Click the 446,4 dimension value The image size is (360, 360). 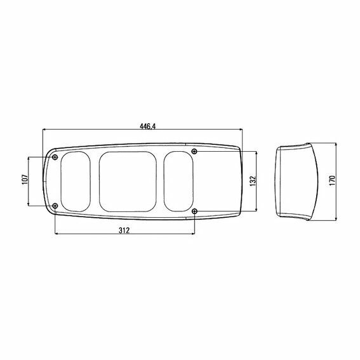(x=148, y=126)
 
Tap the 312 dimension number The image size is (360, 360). (x=124, y=230)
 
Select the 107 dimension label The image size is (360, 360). (x=25, y=179)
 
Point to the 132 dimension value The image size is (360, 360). (x=253, y=181)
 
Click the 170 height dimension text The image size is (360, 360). (x=332, y=180)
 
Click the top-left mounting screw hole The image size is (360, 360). (x=55, y=157)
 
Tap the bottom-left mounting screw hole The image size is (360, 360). (x=55, y=206)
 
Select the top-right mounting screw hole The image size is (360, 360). (x=194, y=151)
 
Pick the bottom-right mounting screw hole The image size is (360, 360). (x=194, y=211)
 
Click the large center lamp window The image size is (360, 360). (x=128, y=182)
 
